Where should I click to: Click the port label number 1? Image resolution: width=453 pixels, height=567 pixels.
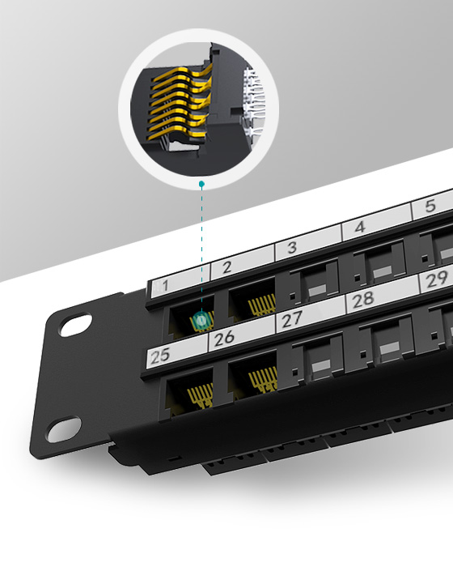[165, 285]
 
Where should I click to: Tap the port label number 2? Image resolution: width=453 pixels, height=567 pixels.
[227, 266]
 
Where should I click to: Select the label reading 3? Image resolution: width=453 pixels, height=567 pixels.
[292, 247]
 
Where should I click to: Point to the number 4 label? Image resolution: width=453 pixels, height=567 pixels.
[360, 228]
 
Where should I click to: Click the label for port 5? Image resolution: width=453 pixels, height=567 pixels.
[430, 207]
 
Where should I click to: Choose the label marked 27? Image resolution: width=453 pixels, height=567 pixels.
[292, 318]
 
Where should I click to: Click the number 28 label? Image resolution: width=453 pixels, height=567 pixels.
[363, 298]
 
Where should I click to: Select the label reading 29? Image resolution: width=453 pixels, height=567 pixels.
[437, 279]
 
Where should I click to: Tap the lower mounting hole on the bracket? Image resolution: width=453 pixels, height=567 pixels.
[63, 428]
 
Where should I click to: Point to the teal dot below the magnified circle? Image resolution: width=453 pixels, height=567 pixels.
[201, 185]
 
